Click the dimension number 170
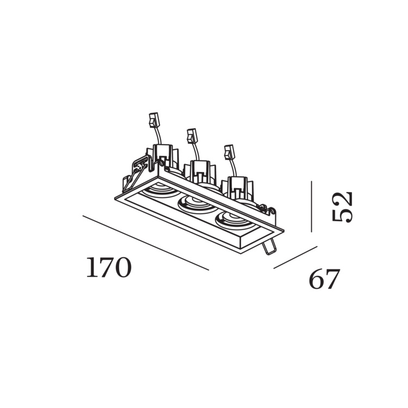click(x=109, y=267)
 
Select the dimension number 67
click(x=324, y=279)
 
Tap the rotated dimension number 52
click(x=342, y=207)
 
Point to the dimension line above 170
click(x=146, y=243)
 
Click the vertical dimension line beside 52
click(x=312, y=206)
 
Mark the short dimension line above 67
click(x=295, y=257)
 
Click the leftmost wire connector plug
click(x=154, y=120)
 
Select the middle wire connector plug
click(x=192, y=136)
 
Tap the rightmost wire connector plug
click(x=229, y=152)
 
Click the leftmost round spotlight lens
click(x=159, y=189)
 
